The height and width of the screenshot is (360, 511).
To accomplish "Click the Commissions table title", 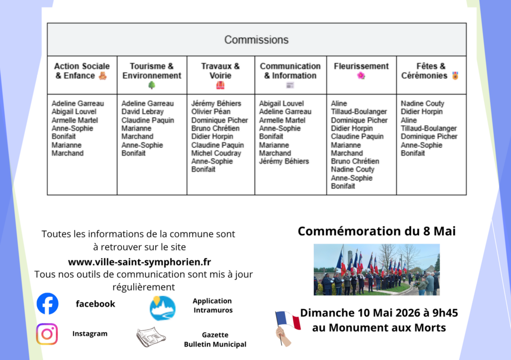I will coord(256,40).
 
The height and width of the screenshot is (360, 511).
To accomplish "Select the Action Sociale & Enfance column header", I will coord(81,71).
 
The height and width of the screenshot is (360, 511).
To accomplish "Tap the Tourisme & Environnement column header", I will coord(152,71).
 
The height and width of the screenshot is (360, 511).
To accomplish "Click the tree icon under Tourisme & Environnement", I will coord(152,85).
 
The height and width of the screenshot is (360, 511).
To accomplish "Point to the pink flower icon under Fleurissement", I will coord(361,76).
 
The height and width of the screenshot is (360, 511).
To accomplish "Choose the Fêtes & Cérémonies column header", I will coord(430,71).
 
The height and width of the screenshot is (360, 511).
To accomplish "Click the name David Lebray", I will coord(142,112).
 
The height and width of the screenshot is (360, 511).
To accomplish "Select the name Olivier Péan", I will coord(211,112).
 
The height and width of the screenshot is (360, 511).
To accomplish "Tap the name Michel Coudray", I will coord(216,153).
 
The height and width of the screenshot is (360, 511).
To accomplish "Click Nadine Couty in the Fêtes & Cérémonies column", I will coord(422,103).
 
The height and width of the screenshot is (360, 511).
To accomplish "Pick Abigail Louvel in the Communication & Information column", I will coord(282,103).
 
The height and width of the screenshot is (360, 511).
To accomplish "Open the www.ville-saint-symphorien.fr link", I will coord(139,262).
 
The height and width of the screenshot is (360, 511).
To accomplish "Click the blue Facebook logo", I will coord(47,304).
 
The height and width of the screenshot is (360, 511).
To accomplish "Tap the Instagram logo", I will coord(47,334).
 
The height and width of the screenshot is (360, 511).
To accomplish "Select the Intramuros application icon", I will coord(163,308).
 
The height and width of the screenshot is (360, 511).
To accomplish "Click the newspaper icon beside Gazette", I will coord(151,338).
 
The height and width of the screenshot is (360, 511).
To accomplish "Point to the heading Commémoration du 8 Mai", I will coord(376,231).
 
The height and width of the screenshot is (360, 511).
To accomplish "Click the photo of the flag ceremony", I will coord(376,270).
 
